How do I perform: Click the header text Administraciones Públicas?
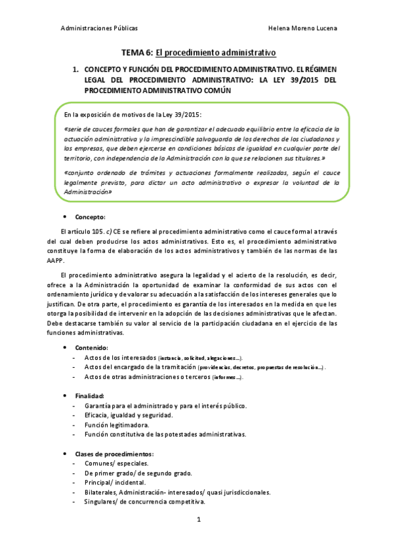coord(99,29)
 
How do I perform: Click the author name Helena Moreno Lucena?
coord(303,29)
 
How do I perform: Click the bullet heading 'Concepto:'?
coord(91,216)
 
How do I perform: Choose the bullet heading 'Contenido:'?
coord(92,347)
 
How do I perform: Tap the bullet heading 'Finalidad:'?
coord(90,397)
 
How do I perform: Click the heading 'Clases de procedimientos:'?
coord(115,454)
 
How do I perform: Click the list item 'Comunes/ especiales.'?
coord(116,464)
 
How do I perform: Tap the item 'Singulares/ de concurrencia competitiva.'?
coord(145,502)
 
